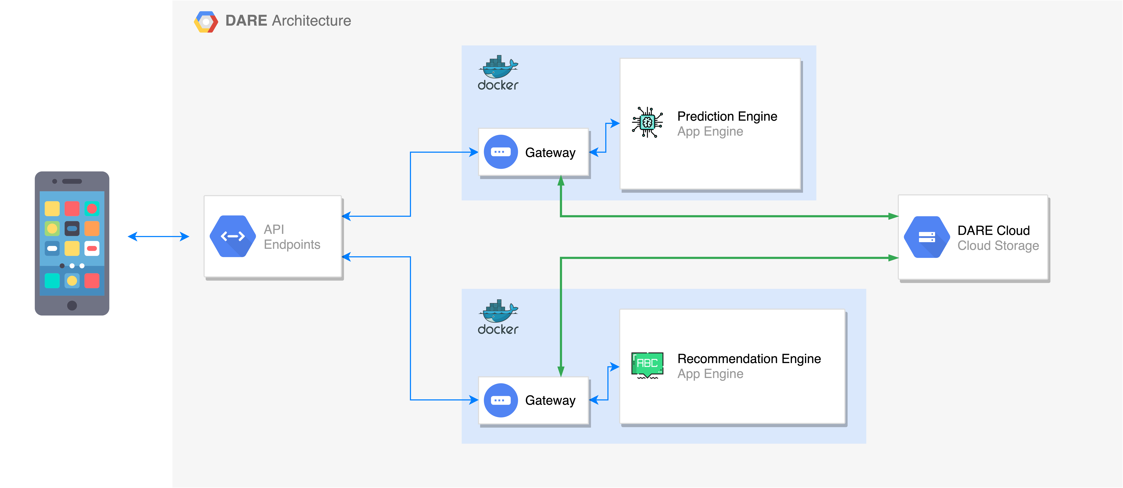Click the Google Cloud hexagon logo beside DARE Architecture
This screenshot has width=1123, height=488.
click(x=206, y=22)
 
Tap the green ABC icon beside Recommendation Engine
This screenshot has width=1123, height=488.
click(x=647, y=365)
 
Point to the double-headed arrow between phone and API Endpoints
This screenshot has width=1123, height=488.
click(x=158, y=236)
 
